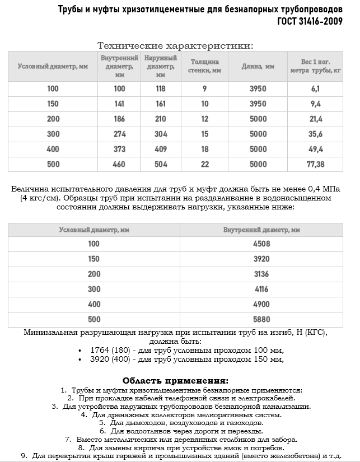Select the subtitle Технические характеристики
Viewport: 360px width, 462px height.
[175, 45]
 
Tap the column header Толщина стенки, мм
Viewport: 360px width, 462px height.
[204, 66]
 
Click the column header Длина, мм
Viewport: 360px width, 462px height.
[258, 66]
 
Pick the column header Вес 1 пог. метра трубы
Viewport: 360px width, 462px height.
[315, 66]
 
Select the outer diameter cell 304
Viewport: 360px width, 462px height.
[161, 134]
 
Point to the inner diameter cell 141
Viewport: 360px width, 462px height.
[120, 104]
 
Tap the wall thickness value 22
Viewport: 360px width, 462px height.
[204, 164]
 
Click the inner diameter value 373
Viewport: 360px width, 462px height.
[120, 149]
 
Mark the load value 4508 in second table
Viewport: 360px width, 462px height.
[261, 244]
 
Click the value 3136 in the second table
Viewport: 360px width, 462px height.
[261, 274]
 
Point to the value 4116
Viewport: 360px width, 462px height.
[261, 289]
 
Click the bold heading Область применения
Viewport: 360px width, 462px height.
[175, 380]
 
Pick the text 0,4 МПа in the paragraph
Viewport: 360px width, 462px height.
[325, 189]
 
